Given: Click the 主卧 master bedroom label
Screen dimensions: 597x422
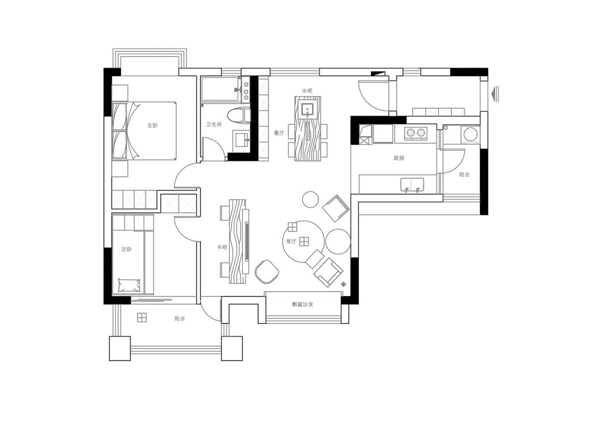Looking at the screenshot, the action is [x=153, y=125].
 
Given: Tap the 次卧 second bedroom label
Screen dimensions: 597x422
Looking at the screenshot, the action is [x=127, y=250].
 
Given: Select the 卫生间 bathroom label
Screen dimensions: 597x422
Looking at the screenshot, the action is [x=213, y=124].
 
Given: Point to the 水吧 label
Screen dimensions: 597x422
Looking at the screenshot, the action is [x=307, y=91].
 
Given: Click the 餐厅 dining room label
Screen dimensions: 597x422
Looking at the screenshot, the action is [x=279, y=133].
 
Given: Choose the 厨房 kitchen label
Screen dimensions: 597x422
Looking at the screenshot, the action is [x=399, y=158].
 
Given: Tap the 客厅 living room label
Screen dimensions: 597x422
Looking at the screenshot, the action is [x=291, y=241].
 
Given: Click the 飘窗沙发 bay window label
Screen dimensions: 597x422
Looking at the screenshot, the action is [x=303, y=304].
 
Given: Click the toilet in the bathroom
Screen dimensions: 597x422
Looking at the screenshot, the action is [x=238, y=115].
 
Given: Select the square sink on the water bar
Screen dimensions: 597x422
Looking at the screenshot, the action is [x=308, y=110].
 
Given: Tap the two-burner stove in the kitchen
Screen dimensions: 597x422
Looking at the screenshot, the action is [x=415, y=133].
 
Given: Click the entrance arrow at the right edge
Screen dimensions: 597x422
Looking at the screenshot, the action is [x=495, y=94].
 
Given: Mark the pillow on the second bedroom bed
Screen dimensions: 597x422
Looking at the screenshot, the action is [x=129, y=285].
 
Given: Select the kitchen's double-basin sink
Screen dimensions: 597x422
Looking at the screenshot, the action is [x=412, y=184].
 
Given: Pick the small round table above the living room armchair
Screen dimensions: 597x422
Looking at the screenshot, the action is [x=310, y=199].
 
